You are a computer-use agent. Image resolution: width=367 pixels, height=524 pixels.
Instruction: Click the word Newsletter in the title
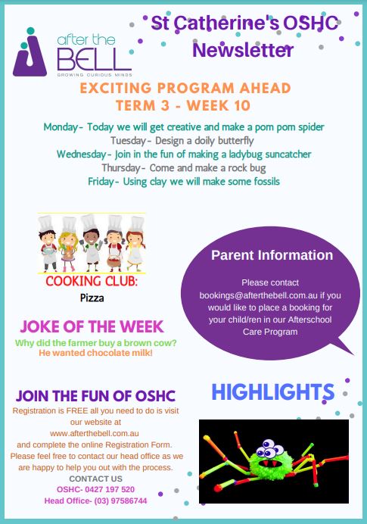243,50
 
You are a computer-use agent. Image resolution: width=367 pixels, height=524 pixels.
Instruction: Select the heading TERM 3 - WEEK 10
183,105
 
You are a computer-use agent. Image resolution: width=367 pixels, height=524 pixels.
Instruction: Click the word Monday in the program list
61,127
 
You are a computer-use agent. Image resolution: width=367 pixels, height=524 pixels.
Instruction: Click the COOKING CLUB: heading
92,282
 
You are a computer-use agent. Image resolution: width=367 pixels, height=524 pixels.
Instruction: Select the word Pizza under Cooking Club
92,298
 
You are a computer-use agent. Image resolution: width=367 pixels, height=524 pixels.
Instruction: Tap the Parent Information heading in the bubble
272,255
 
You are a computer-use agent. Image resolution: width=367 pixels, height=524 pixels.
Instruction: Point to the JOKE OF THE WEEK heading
92,326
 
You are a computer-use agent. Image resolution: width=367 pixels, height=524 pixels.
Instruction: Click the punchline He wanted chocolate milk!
95,353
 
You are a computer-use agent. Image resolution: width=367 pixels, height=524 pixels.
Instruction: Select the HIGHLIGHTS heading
273,392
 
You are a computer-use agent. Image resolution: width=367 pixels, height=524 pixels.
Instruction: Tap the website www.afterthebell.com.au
95,433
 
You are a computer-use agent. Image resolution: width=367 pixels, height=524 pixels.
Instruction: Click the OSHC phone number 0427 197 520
110,490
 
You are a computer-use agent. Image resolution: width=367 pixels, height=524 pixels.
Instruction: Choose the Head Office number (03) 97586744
120,501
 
